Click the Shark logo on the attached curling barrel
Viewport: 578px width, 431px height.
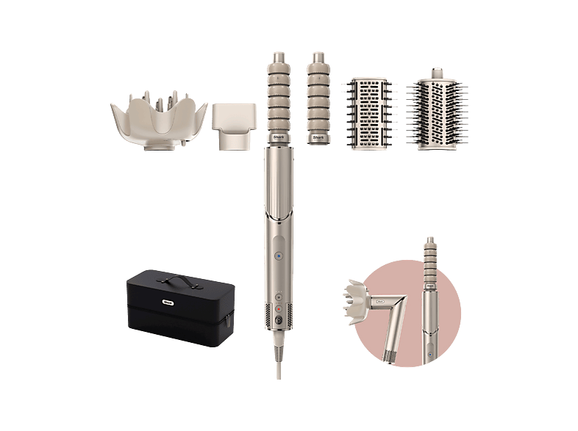(x=279, y=135)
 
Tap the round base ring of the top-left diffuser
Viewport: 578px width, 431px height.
(x=158, y=146)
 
